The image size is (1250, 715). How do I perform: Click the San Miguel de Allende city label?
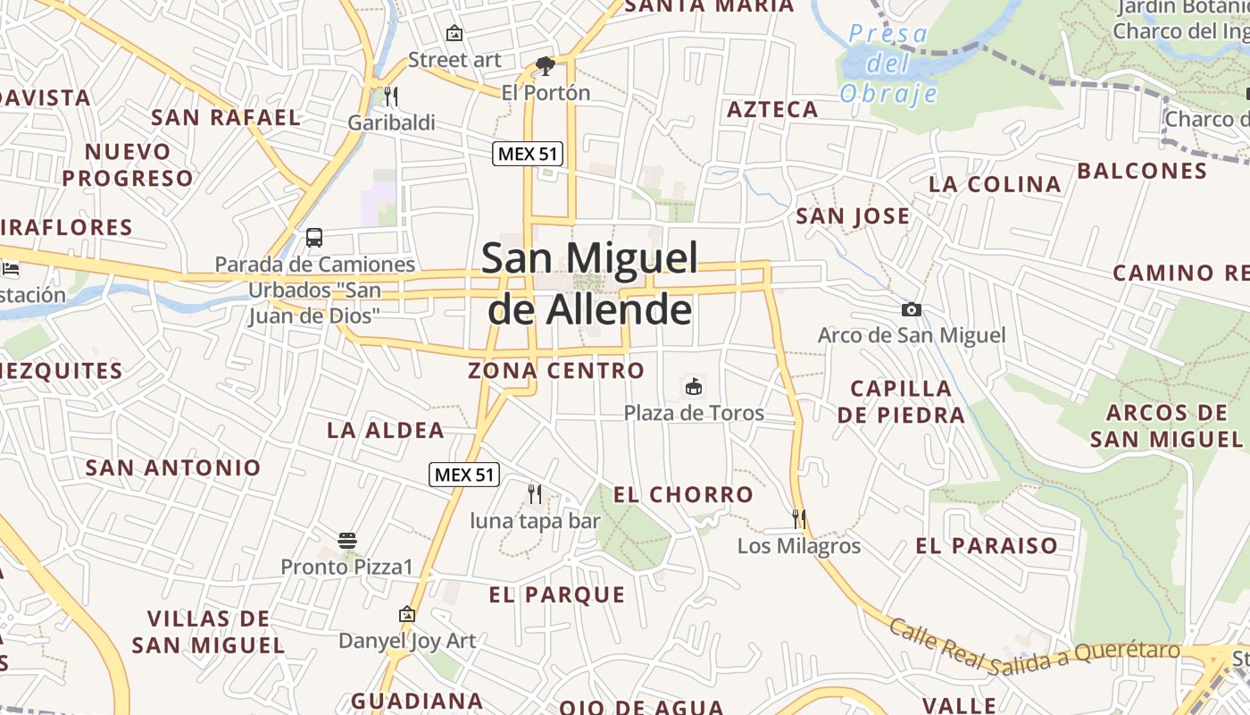pos(589,283)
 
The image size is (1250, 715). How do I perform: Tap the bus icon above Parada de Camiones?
pos(314,238)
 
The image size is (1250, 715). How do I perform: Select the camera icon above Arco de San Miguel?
pos(911,309)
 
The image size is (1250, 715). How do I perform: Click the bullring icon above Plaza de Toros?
pos(693,386)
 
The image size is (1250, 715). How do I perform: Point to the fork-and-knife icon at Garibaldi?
pos(390,96)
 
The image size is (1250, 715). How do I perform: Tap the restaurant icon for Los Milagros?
pos(799,518)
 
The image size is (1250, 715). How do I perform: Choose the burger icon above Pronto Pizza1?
pos(347,541)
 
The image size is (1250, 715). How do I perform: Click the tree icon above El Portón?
pos(545,65)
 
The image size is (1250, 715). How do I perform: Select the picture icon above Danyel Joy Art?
pos(407,614)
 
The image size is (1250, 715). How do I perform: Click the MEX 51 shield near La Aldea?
pos(464,475)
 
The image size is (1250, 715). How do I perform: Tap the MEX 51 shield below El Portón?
pos(528,154)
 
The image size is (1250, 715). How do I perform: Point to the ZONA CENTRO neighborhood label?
pos(556,370)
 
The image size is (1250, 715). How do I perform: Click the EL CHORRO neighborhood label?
pos(683,494)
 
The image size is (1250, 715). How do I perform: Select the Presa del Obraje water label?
pos(888,63)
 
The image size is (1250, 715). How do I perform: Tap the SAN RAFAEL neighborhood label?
pos(225,117)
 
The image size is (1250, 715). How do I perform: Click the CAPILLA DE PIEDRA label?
pos(901,401)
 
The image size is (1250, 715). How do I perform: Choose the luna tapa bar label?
pos(535,520)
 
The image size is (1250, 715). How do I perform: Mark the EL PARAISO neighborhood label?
pos(987,545)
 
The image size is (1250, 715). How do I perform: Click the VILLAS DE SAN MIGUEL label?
pos(208,631)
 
